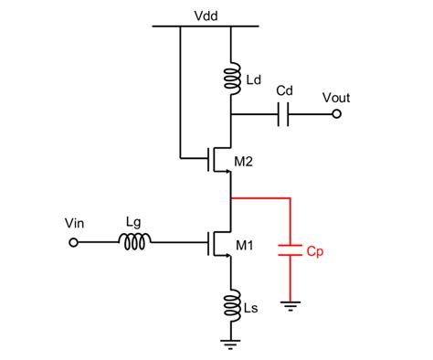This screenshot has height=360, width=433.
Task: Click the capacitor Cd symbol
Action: [x=283, y=114]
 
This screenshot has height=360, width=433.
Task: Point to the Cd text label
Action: [x=284, y=92]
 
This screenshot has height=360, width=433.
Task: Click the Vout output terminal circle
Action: [x=336, y=114]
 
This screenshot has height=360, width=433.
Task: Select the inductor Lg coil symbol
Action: [x=134, y=242]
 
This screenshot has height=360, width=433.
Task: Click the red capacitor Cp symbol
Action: [x=291, y=250]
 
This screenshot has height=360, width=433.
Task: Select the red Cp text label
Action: [x=315, y=250]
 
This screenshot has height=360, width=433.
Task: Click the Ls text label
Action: [x=253, y=311]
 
